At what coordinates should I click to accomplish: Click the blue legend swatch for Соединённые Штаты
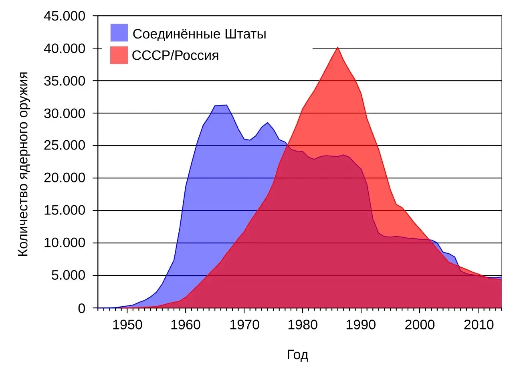(x=119, y=33)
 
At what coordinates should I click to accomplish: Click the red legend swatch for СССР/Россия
(x=119, y=55)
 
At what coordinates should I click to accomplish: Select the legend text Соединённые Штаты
(x=199, y=34)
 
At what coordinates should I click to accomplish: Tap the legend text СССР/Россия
(x=176, y=55)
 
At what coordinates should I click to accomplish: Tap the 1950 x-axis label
(x=127, y=325)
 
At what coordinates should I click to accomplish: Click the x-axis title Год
(x=297, y=355)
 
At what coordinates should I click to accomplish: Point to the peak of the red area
(x=337, y=48)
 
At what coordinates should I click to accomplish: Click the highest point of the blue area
(x=226, y=105)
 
